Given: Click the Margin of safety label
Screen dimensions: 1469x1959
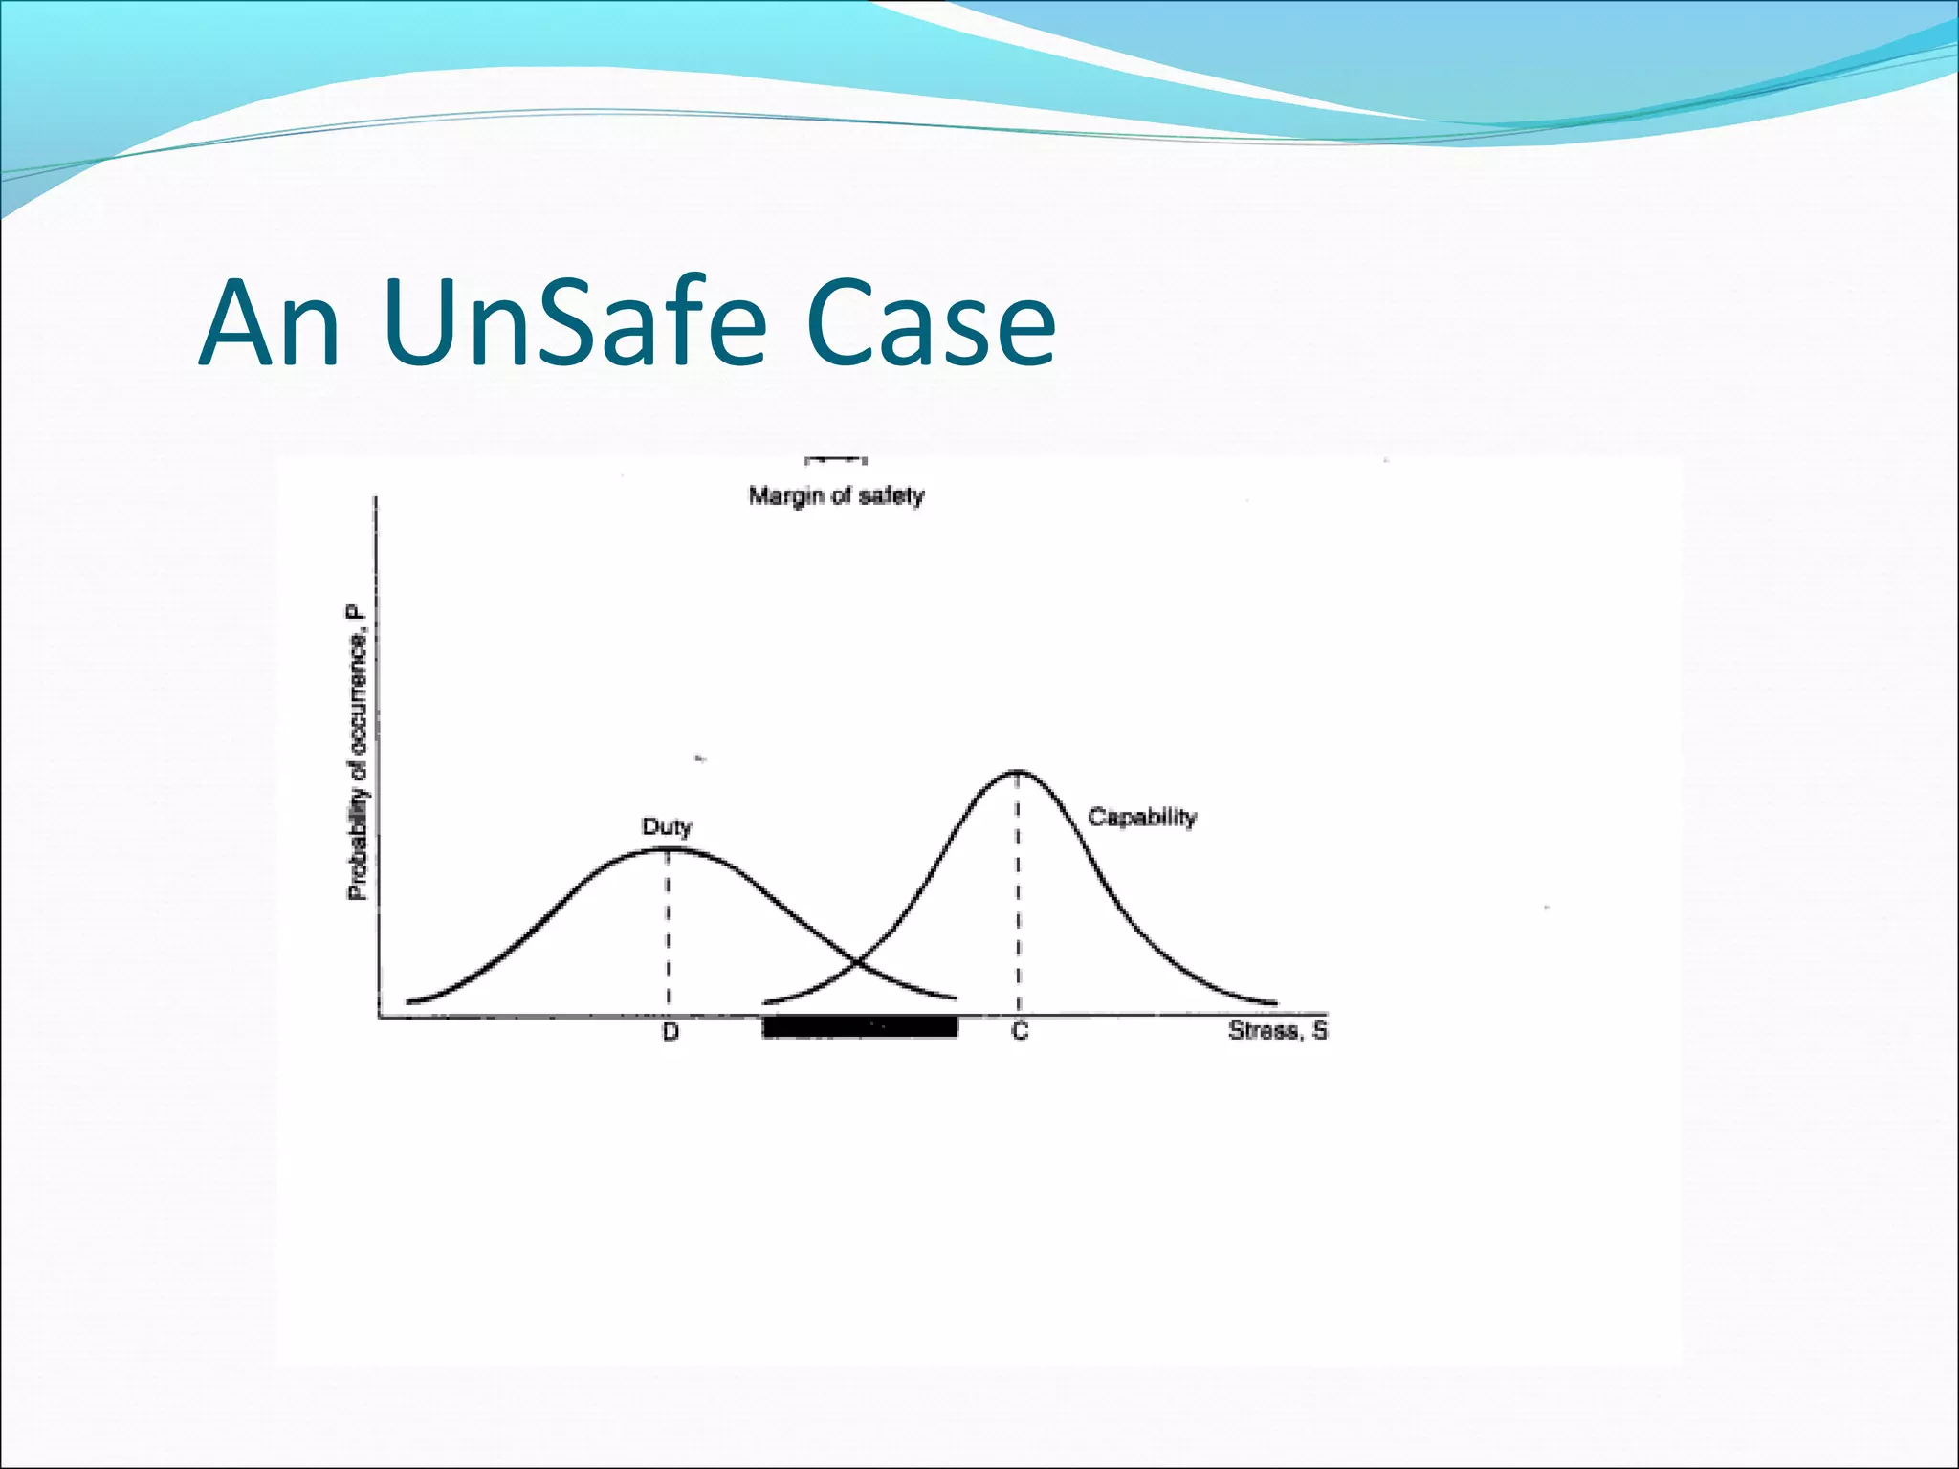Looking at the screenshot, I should (x=836, y=496).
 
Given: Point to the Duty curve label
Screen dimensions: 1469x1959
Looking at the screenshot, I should (x=667, y=826).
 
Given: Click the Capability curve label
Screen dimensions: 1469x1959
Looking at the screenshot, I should (x=1142, y=818).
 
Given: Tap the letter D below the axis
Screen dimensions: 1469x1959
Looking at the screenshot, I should (x=671, y=1033).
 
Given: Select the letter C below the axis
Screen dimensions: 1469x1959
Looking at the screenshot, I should (x=1020, y=1032).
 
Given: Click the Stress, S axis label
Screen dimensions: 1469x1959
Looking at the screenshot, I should (x=1278, y=1031).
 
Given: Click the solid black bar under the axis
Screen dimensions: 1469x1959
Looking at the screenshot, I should (x=859, y=1027).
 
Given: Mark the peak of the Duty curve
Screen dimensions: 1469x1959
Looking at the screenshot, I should (x=667, y=848).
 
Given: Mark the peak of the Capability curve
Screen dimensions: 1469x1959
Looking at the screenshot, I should (x=1018, y=771).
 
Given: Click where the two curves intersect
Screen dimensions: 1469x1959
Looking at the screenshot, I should (x=856, y=960).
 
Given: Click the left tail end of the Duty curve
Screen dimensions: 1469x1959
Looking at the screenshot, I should (x=409, y=1001).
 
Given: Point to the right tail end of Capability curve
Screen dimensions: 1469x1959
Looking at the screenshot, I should (x=1274, y=1002).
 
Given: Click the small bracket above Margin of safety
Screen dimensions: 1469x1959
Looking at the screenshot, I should (x=835, y=461).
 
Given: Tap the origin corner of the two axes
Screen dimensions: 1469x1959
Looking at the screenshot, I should (x=379, y=1016).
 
